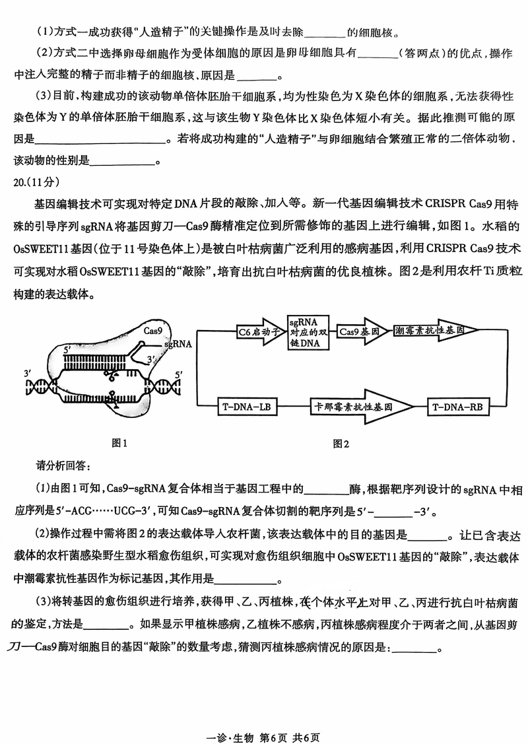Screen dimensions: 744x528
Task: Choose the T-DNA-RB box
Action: tap(459, 407)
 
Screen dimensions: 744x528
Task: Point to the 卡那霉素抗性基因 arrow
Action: tap(360, 407)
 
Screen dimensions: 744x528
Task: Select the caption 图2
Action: tap(341, 443)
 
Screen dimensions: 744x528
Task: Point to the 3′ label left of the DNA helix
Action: tap(28, 374)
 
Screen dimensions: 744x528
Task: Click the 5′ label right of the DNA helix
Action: tap(179, 374)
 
